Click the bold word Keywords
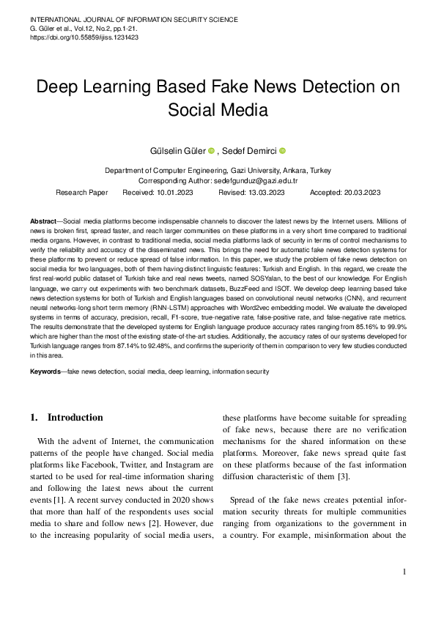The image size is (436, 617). pos(47,372)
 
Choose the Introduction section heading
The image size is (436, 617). pos(75,418)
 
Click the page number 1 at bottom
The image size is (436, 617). pos(404,572)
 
